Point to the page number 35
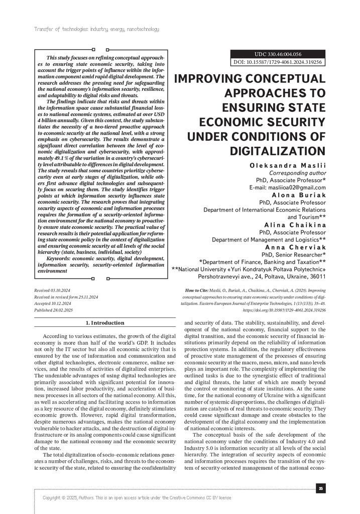click(320, 488)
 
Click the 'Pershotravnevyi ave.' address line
click(262, 277)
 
